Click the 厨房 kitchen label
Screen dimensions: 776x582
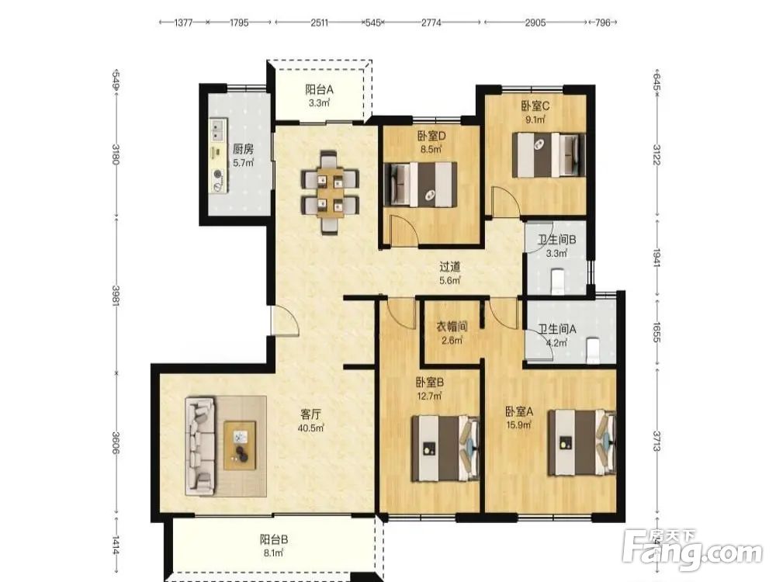click(x=243, y=148)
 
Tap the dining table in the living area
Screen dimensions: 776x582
click(x=331, y=192)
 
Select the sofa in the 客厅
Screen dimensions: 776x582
click(x=200, y=446)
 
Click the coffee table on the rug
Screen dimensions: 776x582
click(x=240, y=445)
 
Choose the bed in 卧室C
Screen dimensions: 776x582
click(x=549, y=154)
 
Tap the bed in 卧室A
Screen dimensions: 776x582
click(x=582, y=442)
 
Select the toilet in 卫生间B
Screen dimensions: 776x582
click(x=557, y=281)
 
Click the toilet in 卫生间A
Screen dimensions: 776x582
click(x=592, y=351)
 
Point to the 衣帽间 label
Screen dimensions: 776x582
click(x=452, y=327)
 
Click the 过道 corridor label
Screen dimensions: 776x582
click(x=450, y=267)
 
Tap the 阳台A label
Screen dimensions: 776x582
click(x=319, y=89)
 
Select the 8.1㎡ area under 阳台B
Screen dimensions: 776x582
click(x=272, y=553)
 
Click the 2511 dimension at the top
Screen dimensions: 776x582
click(x=319, y=23)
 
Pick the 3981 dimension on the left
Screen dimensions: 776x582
click(x=116, y=296)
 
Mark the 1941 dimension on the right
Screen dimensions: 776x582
click(x=656, y=258)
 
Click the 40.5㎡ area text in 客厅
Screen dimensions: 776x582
click(x=311, y=428)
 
